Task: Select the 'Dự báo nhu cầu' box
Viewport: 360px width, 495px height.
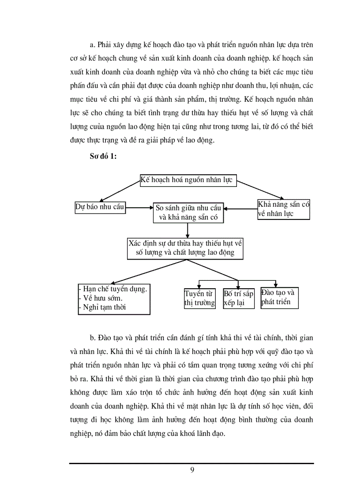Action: click(100, 207)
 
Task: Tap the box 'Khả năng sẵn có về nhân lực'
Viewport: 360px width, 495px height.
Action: click(283, 209)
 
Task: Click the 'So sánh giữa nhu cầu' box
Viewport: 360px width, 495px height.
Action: click(188, 213)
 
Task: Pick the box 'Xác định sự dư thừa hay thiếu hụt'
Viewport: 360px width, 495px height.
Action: click(185, 248)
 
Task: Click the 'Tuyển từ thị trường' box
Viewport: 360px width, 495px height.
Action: click(199, 298)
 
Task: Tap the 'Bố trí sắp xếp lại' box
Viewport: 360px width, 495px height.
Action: click(238, 298)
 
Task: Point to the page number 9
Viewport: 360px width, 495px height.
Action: click(192, 469)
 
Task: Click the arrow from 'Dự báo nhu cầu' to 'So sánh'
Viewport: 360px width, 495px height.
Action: click(139, 207)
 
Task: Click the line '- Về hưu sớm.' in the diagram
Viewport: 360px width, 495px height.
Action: click(101, 298)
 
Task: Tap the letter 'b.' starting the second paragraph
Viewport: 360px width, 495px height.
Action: click(93, 338)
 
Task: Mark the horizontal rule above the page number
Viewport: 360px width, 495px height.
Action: click(191, 463)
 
